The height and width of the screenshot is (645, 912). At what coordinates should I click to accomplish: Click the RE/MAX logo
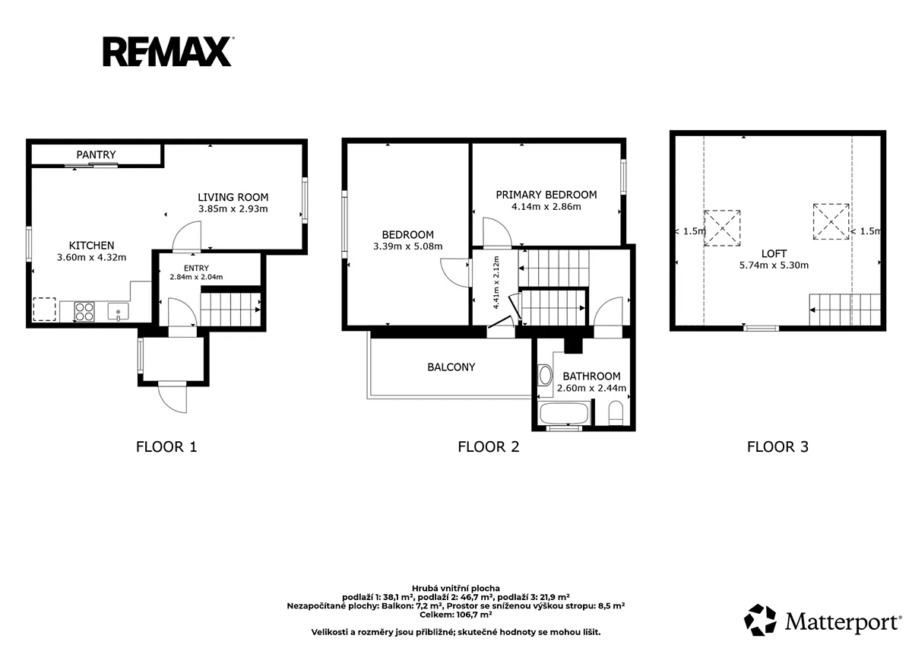pyautogui.click(x=168, y=51)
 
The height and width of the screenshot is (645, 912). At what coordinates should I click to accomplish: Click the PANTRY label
pyautogui.click(x=96, y=155)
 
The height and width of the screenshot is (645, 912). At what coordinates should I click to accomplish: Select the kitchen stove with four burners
pyautogui.click(x=84, y=312)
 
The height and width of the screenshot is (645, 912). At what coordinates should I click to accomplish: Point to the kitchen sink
pyautogui.click(x=119, y=312)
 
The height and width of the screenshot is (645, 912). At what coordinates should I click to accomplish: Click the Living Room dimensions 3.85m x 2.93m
pyautogui.click(x=233, y=209)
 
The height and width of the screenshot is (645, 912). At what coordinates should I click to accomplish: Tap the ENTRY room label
pyautogui.click(x=196, y=268)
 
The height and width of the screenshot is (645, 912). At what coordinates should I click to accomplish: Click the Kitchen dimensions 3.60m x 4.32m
pyautogui.click(x=92, y=258)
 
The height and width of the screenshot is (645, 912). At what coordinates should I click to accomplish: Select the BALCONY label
pyautogui.click(x=451, y=367)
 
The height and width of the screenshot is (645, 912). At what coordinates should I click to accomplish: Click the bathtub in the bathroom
pyautogui.click(x=564, y=413)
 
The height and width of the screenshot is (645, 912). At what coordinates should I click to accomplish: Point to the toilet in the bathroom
pyautogui.click(x=616, y=413)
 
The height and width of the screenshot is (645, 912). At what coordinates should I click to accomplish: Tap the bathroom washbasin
pyautogui.click(x=545, y=375)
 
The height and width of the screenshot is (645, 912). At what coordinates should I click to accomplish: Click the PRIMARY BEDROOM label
pyautogui.click(x=546, y=195)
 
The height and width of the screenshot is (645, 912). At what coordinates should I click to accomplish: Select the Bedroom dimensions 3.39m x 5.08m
pyautogui.click(x=408, y=246)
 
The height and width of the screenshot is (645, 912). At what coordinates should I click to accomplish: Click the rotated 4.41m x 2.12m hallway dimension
pyautogui.click(x=496, y=282)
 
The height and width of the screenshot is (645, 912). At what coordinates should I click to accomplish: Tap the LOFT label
pyautogui.click(x=774, y=254)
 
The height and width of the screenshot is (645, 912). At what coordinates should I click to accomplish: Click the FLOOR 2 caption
pyautogui.click(x=489, y=447)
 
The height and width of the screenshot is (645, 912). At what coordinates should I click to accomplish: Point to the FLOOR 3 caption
pyautogui.click(x=777, y=447)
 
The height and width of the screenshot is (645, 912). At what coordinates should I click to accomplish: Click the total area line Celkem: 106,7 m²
pyautogui.click(x=455, y=615)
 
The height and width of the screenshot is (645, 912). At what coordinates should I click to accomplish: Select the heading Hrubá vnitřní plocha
pyautogui.click(x=456, y=588)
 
